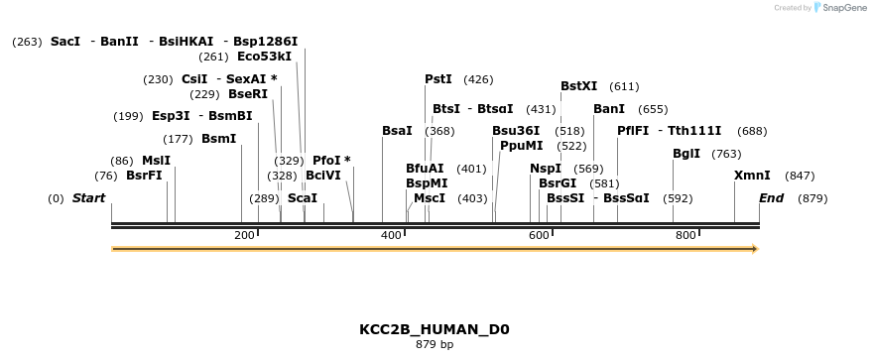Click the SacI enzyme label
coord(65,42)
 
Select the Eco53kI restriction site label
coord(264,57)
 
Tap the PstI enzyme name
coord(438,79)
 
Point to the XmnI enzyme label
coord(752,176)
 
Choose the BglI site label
coord(686,154)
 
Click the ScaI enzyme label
coord(303,198)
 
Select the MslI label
coord(156,161)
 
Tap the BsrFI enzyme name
coord(144,176)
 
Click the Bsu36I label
coord(516,131)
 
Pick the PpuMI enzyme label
coord(522,146)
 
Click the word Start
coord(88,198)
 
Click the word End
coord(771,198)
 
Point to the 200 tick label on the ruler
coord(244,235)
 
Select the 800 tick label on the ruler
coord(684,235)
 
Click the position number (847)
coord(800,176)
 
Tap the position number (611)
coord(624,86)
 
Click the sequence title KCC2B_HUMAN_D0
coord(435,329)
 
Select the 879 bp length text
coord(435,345)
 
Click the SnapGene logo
coord(836,8)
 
